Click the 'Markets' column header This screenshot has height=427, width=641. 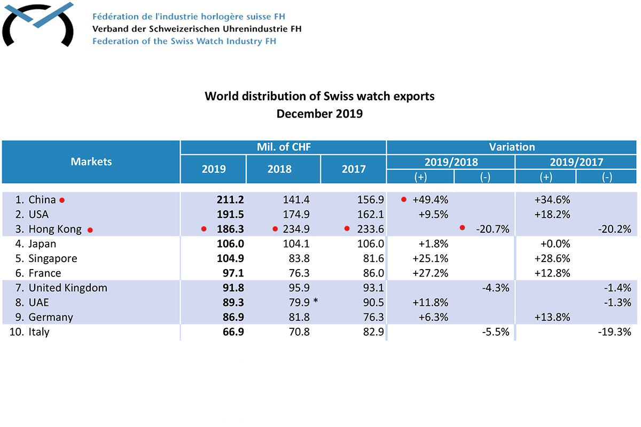click(x=91, y=161)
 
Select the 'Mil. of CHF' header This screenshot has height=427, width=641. click(x=283, y=147)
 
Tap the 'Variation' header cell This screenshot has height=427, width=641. click(x=511, y=147)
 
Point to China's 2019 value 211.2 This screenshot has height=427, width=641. click(x=230, y=200)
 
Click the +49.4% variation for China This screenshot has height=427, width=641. click(x=430, y=200)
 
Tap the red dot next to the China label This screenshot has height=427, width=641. click(x=62, y=201)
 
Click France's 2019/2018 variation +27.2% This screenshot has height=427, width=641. click(x=430, y=273)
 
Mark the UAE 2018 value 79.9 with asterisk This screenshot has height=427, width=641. click(x=299, y=303)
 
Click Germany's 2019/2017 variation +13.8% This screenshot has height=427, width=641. click(x=552, y=317)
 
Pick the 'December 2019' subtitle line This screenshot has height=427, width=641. click(x=319, y=114)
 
